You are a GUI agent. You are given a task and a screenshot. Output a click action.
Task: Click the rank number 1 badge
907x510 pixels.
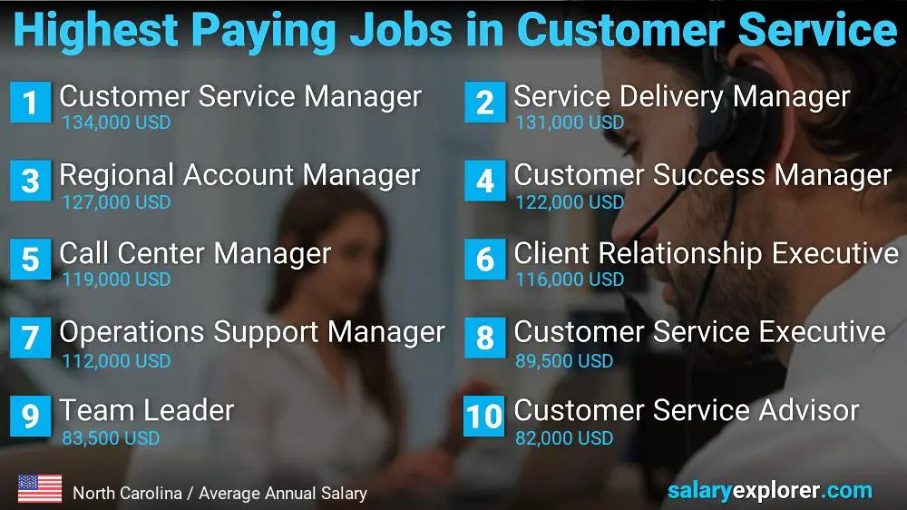tap(30, 103)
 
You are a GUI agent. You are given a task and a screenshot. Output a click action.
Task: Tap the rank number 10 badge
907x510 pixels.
tap(484, 417)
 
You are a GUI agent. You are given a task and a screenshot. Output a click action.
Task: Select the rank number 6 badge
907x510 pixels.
tap(484, 260)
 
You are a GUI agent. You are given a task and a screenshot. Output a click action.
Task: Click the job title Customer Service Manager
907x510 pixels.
tap(240, 96)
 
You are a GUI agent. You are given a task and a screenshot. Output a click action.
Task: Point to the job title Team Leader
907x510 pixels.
tap(147, 410)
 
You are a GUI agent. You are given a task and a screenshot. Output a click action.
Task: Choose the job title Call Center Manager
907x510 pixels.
tap(195, 253)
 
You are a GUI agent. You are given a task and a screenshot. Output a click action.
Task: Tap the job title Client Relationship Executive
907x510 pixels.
tap(706, 253)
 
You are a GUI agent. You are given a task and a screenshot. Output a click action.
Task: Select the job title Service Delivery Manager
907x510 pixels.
tap(682, 96)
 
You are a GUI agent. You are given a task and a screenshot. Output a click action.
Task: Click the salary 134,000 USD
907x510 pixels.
tap(116, 123)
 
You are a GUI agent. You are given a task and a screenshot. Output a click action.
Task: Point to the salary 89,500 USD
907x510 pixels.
tap(564, 361)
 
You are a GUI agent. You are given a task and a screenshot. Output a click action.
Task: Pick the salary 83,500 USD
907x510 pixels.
tap(111, 438)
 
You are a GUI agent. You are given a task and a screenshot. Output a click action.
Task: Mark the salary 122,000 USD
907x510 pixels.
tap(570, 201)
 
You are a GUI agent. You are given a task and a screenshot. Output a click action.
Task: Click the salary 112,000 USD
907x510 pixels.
tap(116, 361)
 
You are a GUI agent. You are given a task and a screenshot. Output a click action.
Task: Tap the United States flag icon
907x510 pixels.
tap(40, 489)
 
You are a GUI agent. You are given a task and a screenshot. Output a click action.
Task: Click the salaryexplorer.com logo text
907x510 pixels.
tap(769, 491)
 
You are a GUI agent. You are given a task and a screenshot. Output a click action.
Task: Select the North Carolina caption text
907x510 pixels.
tap(219, 494)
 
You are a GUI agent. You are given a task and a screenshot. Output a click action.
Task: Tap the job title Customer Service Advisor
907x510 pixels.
tap(686, 410)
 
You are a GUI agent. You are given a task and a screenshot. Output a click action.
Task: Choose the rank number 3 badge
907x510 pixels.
tap(30, 181)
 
